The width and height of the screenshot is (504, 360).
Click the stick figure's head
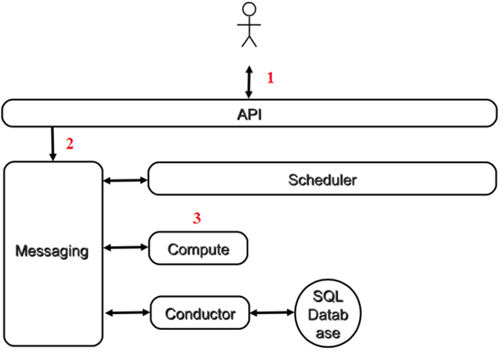tap(249, 9)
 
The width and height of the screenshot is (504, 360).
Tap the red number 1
tap(270, 78)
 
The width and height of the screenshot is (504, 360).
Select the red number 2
tap(70, 144)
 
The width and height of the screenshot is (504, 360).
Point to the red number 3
tap(197, 218)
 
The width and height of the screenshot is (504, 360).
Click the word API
tap(249, 115)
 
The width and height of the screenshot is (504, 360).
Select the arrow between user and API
tap(248, 82)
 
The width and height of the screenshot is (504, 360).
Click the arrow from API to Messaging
tap(53, 144)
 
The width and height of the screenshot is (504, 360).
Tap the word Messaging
tap(52, 252)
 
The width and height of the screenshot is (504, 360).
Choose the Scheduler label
tap(323, 180)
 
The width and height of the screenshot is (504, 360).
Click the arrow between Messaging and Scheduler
tap(126, 180)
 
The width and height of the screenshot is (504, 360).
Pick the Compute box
tap(198, 248)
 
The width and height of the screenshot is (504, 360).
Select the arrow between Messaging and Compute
tap(126, 247)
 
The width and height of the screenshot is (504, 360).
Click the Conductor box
tap(200, 312)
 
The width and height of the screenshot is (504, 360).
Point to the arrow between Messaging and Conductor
tap(127, 312)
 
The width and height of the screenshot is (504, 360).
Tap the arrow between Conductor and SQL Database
tap(272, 312)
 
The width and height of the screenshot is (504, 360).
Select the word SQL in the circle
tap(328, 297)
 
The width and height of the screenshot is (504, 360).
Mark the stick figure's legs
tap(249, 41)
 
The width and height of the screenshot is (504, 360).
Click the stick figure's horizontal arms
tap(249, 25)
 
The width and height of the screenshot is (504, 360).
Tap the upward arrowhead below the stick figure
tap(248, 69)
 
